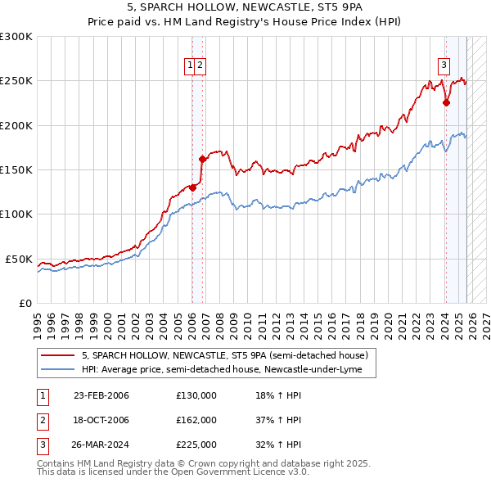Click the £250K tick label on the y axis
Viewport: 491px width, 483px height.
[x=16, y=81]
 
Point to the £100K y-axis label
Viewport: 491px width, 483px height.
[x=16, y=214]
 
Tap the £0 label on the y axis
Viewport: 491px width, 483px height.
[x=25, y=303]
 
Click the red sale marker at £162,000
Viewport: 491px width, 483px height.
[x=202, y=159]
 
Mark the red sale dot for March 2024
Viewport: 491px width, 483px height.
[x=446, y=103]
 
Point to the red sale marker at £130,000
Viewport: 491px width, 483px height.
[x=193, y=187]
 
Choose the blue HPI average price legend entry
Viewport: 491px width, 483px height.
[x=227, y=370]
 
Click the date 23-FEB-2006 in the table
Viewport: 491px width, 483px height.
[x=101, y=395]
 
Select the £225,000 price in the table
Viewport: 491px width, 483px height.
[x=196, y=445]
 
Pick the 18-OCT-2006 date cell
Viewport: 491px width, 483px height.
[x=101, y=420]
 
